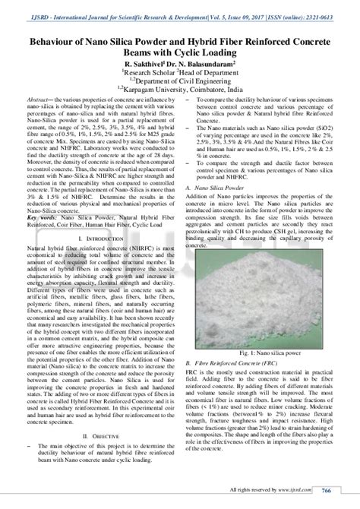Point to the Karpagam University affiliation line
coord(179,88)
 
